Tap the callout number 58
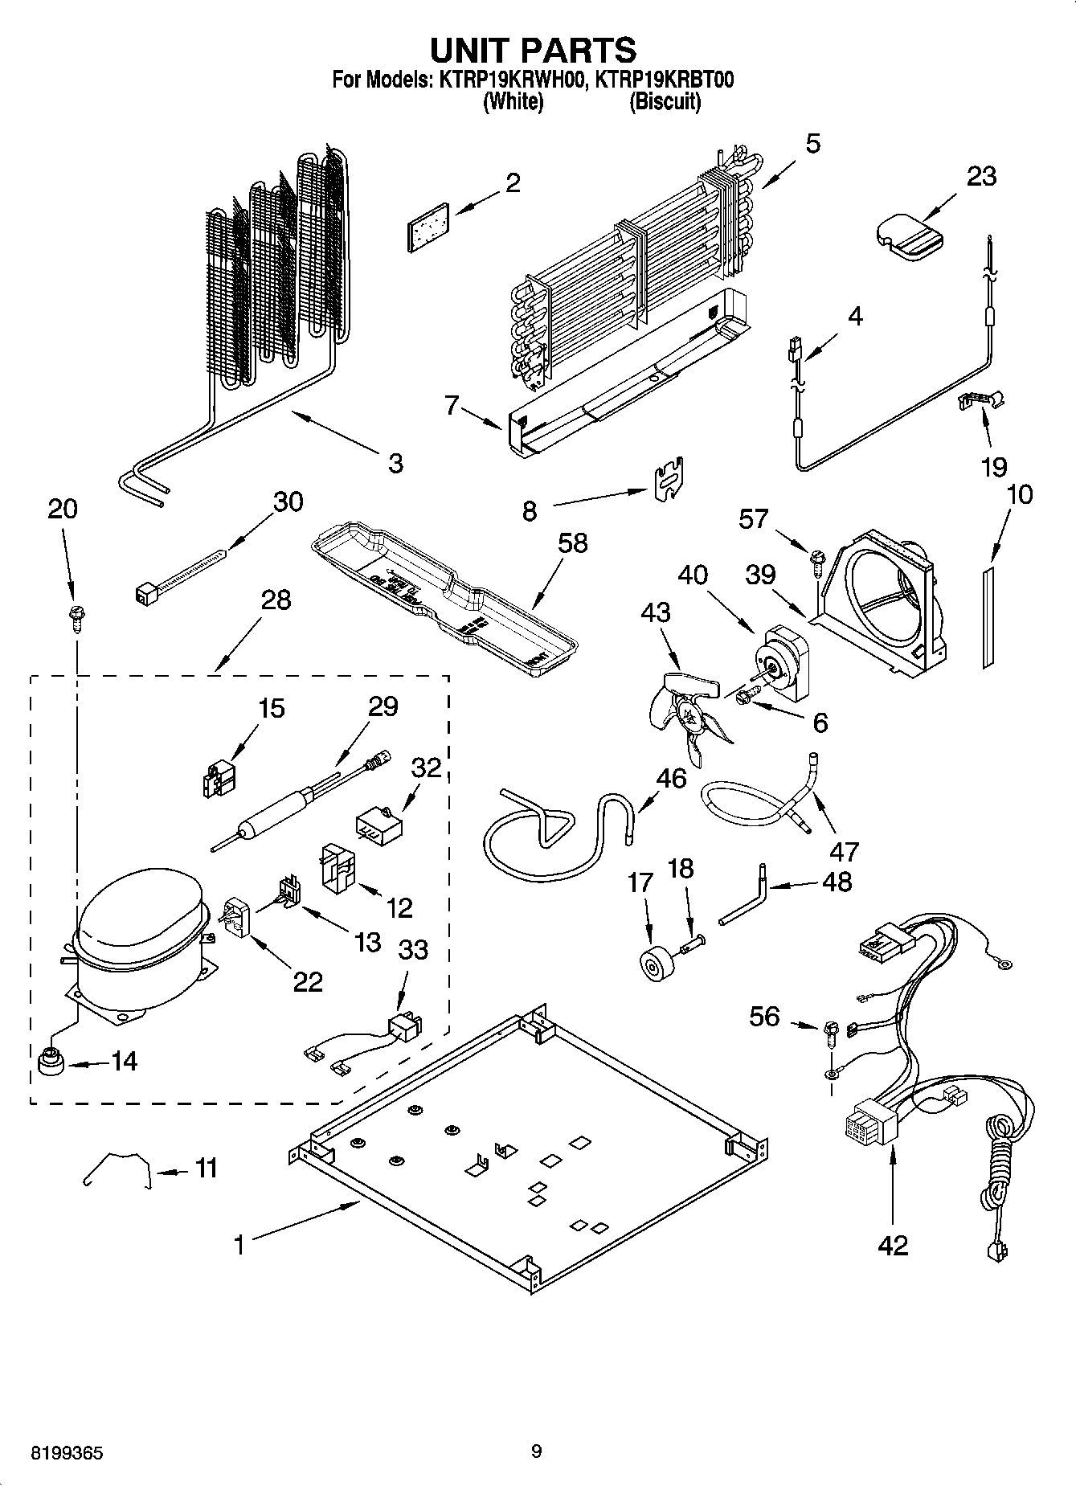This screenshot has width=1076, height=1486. click(x=572, y=543)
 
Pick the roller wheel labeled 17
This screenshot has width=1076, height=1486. click(x=655, y=964)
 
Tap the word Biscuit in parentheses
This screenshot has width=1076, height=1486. click(x=665, y=102)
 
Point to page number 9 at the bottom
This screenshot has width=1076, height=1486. click(x=537, y=1451)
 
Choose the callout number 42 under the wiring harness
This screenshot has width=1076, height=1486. click(x=893, y=1246)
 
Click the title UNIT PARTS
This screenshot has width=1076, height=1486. click(x=533, y=50)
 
